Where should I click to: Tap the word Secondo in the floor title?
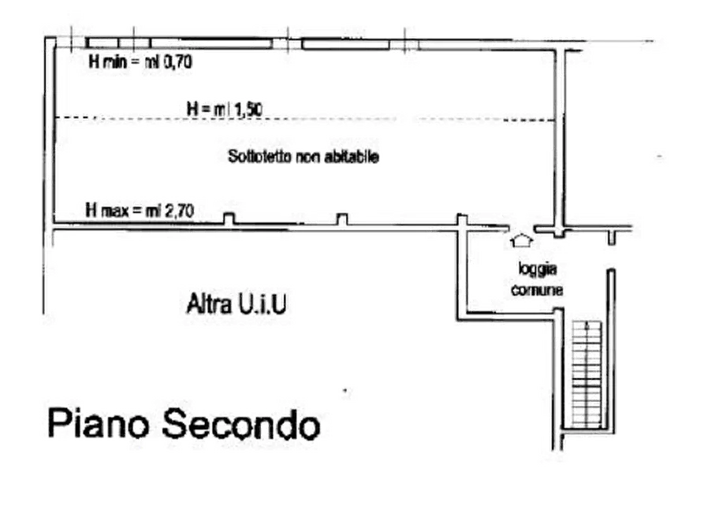pos(243,424)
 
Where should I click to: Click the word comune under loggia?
pos(536,289)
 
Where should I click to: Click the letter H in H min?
pos(92,62)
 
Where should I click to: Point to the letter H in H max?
pos(91,210)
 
